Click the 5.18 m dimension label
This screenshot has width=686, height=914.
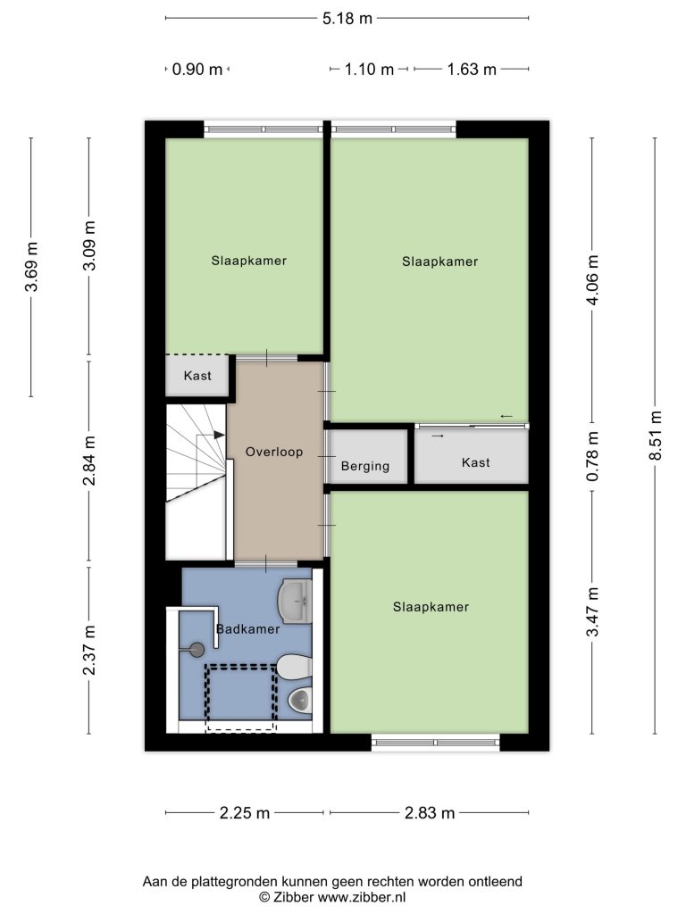[347, 19]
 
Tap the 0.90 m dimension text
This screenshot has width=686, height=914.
[197, 70]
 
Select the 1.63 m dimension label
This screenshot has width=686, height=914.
[472, 70]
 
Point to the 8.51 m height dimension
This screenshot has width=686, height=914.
[656, 436]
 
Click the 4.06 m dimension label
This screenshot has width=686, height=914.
[593, 279]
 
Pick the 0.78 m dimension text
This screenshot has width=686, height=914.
[593, 456]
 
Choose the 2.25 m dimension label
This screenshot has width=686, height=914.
[245, 812]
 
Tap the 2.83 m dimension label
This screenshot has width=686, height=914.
[430, 812]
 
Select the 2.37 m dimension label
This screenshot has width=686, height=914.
[88, 650]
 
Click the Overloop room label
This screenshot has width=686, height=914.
[274, 452]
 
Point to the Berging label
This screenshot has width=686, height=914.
[365, 466]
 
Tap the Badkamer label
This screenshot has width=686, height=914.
[248, 629]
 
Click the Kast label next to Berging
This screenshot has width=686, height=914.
[475, 462]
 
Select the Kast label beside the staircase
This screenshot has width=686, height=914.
[197, 376]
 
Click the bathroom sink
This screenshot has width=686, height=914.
[295, 601]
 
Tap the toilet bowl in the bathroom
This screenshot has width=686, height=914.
[301, 699]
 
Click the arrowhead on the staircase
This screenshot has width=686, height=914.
[220, 435]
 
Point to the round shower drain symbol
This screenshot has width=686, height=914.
[197, 650]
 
